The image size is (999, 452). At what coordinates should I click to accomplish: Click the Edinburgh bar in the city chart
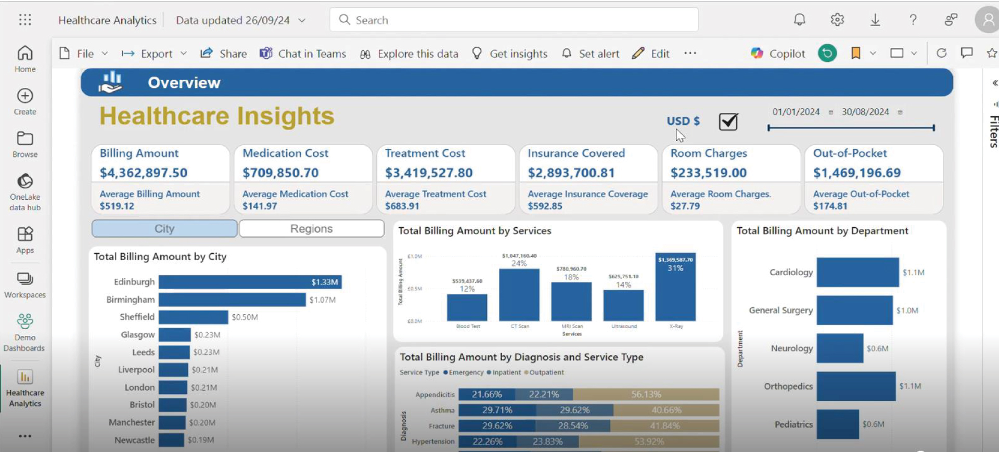click(x=250, y=282)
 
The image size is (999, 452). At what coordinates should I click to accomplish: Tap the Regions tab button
click(x=311, y=229)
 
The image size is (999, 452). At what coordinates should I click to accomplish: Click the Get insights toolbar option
click(x=510, y=54)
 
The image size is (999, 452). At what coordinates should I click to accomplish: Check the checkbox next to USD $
click(x=728, y=122)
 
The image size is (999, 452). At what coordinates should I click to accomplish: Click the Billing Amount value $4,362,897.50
click(x=144, y=173)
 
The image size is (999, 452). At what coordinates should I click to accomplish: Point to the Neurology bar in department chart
click(x=839, y=348)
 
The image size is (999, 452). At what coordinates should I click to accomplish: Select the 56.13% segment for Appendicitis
click(x=646, y=394)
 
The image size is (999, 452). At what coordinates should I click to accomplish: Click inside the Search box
click(x=514, y=20)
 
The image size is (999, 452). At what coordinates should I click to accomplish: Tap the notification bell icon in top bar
click(x=799, y=20)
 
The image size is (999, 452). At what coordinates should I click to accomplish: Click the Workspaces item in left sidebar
click(x=25, y=285)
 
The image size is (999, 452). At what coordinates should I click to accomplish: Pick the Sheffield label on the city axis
click(x=137, y=317)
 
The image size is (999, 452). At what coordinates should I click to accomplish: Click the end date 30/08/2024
click(x=865, y=112)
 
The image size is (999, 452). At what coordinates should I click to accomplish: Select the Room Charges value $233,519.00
click(x=708, y=173)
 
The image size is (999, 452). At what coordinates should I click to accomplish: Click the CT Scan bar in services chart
click(x=519, y=294)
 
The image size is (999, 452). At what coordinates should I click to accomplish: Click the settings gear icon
click(x=837, y=20)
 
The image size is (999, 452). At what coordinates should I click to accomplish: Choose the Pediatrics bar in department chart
click(x=837, y=424)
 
